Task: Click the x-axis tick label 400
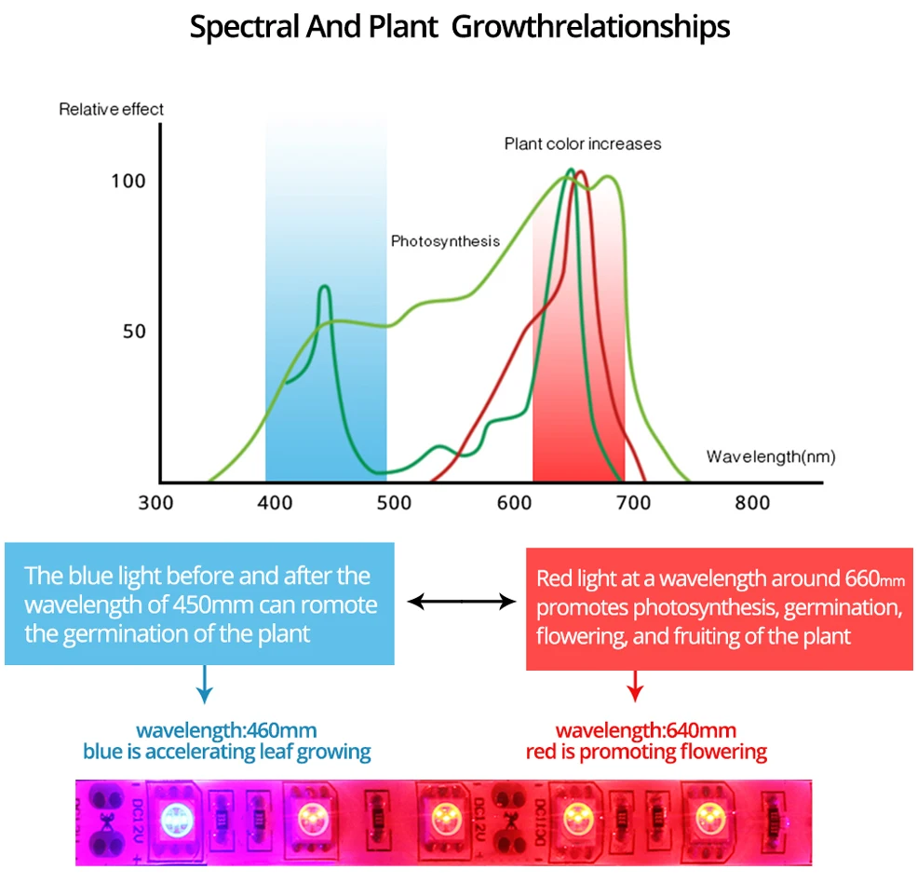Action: click(275, 503)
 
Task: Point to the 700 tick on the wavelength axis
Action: click(633, 503)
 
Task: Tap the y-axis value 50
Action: click(134, 332)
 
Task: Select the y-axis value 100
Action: click(128, 182)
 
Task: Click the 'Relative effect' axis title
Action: click(111, 109)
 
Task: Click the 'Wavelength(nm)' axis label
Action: click(771, 456)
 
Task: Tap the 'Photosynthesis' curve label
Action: click(445, 241)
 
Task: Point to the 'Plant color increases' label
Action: click(583, 144)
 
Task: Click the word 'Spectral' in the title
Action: click(245, 28)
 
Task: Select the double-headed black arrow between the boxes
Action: click(462, 601)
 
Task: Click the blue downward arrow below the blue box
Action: click(204, 684)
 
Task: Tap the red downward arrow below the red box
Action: click(635, 686)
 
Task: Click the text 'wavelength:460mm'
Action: click(226, 730)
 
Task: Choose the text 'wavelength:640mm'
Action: click(646, 730)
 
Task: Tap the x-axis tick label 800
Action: click(752, 503)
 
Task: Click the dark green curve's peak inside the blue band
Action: click(325, 286)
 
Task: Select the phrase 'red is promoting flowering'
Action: click(646, 752)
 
